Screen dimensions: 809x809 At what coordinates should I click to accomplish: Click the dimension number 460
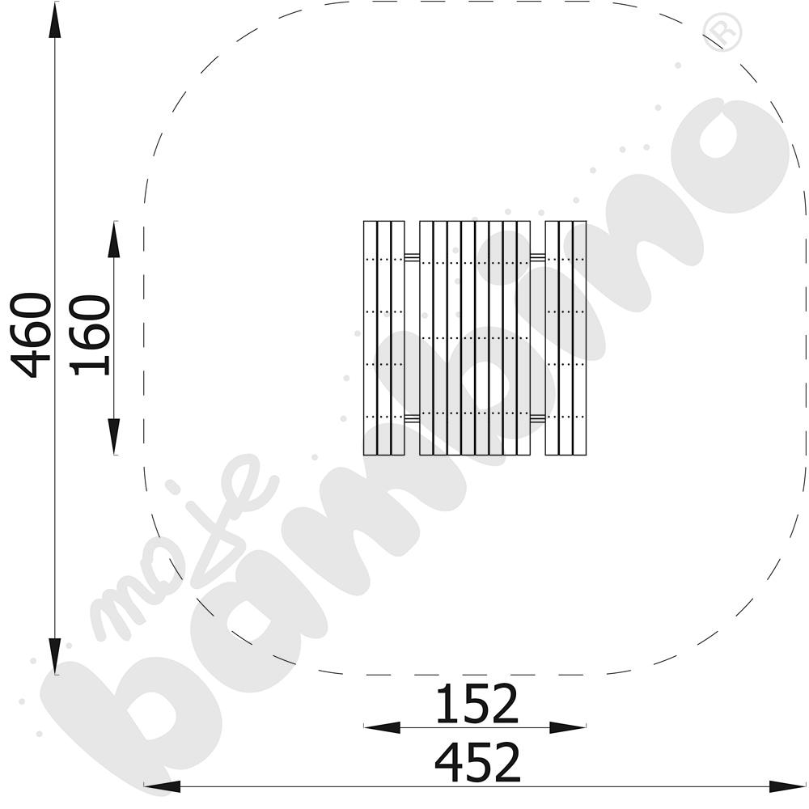[31, 336]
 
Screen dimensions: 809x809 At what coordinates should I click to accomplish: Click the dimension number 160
[90, 335]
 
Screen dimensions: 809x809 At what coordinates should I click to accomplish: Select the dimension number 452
[478, 763]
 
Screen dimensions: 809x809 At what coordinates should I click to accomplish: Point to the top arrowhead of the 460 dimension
[55, 21]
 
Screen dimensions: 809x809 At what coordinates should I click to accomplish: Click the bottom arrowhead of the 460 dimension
[55, 655]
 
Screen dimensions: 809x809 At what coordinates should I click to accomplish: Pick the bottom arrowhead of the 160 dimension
[113, 437]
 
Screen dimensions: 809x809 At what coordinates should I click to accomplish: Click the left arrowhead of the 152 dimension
[383, 727]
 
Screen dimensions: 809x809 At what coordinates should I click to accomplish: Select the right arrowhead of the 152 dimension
[568, 727]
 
